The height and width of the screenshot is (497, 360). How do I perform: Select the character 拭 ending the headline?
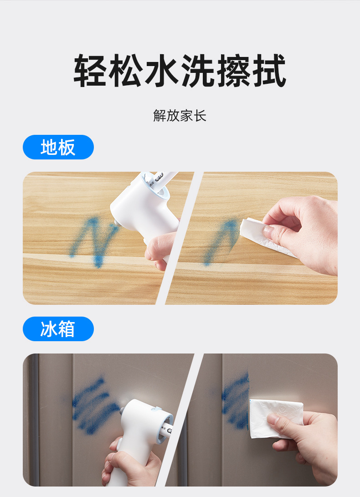pyautogui.click(x=269, y=70)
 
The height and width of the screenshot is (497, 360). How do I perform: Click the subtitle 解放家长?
pyautogui.click(x=180, y=115)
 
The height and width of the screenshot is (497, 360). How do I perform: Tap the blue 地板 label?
pyautogui.click(x=58, y=147)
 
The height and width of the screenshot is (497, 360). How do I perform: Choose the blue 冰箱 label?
pyautogui.click(x=58, y=329)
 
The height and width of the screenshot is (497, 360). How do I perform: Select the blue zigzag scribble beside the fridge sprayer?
pyautogui.click(x=93, y=406)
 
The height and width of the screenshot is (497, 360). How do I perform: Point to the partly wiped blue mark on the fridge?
pyautogui.click(x=235, y=401)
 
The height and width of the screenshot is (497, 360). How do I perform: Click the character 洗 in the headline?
pyautogui.click(x=198, y=70)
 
